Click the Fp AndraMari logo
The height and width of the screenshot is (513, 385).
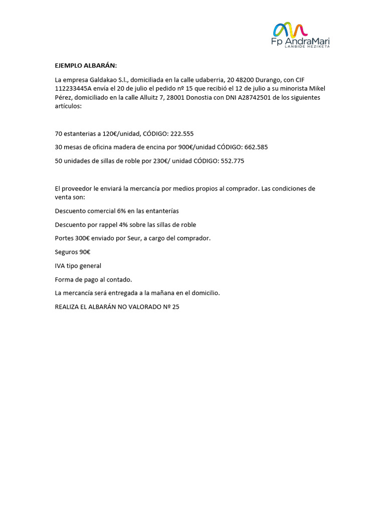point(300,35)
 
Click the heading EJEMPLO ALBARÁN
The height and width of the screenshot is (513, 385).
point(86,66)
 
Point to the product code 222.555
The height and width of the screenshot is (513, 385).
point(182,134)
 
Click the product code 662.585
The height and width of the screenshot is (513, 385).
point(256,147)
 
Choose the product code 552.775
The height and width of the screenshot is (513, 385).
point(233,161)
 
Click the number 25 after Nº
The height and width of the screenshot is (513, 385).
point(175,307)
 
